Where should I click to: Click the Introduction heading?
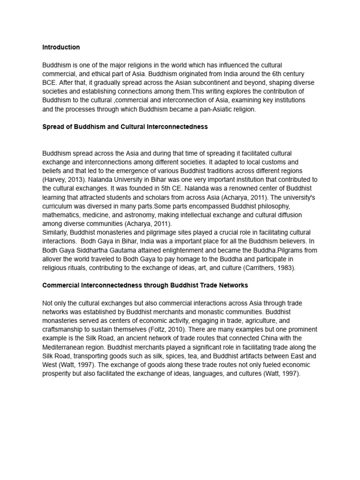(61, 47)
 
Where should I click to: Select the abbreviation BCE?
(49, 82)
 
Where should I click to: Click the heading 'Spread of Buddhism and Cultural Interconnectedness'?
(125, 127)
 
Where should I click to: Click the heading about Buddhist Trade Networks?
(145, 285)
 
